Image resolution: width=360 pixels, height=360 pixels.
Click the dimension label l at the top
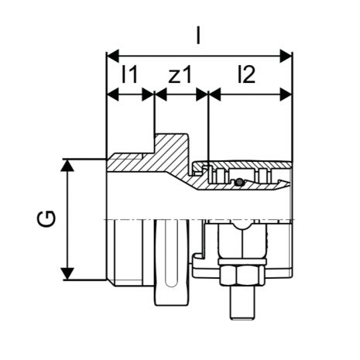click(x=198, y=36)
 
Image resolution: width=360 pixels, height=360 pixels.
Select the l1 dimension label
click(x=130, y=74)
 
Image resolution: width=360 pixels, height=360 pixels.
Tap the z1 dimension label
click(x=180, y=75)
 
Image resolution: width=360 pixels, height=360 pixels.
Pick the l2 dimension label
click(x=246, y=74)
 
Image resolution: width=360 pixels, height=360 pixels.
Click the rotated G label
click(x=46, y=219)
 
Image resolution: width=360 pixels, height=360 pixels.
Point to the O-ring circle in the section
click(x=239, y=182)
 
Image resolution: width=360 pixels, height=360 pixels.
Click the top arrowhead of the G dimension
click(x=67, y=165)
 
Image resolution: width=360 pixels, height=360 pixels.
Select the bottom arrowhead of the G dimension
click(x=67, y=274)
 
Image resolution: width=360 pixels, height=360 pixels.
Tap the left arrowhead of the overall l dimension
click(x=113, y=56)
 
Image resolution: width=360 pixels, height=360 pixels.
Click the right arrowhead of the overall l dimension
click(x=286, y=56)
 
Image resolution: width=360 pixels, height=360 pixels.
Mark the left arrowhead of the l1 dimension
click(x=113, y=94)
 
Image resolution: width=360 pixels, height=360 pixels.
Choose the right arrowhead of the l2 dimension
click(x=286, y=94)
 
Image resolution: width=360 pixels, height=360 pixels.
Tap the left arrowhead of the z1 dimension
click(x=160, y=94)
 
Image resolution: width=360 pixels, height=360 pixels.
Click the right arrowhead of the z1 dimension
click(x=202, y=94)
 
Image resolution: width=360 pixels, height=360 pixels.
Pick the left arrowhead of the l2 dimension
click(x=214, y=94)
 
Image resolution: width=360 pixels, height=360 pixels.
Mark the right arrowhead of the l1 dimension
click(x=148, y=94)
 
